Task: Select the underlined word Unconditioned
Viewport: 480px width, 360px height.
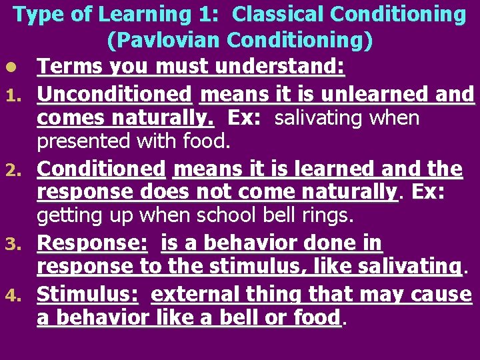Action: coord(114,95)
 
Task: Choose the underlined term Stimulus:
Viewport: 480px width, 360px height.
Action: coord(89,294)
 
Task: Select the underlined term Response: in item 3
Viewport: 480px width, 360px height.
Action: coord(92,244)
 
